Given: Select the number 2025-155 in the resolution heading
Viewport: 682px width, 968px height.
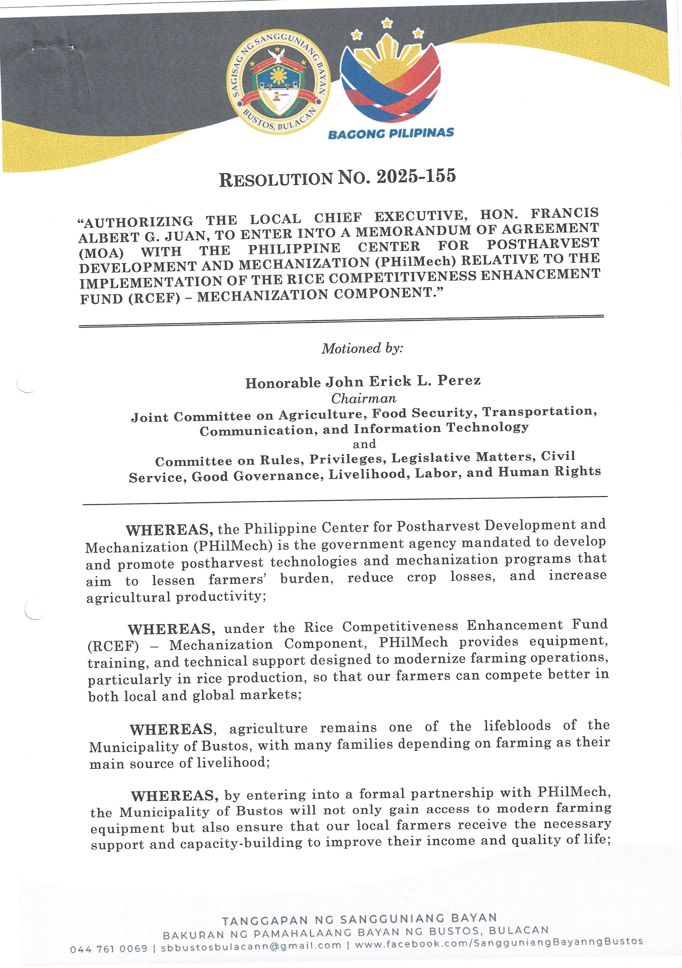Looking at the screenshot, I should pos(416,176).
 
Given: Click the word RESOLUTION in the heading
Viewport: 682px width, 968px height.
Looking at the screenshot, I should pos(276,179).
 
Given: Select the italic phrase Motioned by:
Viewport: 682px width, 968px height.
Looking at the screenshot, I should pos(362,348).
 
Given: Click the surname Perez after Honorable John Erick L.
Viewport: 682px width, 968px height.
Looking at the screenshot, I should pos(459,380).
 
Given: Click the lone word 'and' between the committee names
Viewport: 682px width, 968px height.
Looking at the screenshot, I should pos(364,444).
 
